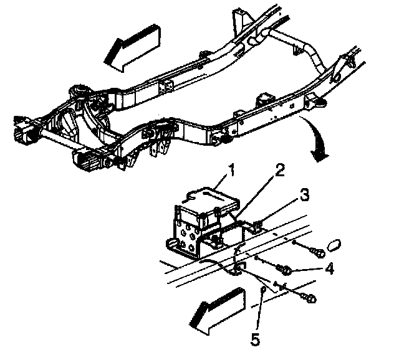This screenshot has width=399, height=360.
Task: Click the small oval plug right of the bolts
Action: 334,243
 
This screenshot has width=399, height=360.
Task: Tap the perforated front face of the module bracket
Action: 186,231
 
